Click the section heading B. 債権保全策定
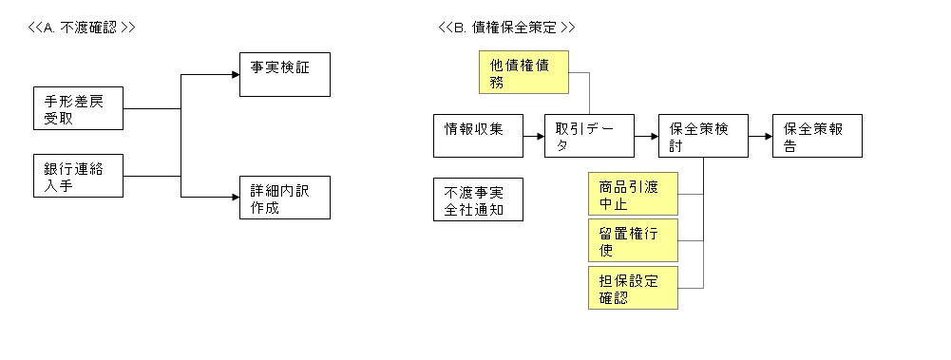tap(506, 28)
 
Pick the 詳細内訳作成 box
tap(284, 198)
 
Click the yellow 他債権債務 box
tap(523, 73)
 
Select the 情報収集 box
tap(477, 136)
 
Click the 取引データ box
tap(589, 136)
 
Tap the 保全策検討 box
tap(703, 136)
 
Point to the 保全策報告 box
tap(817, 136)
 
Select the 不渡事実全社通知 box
tap(477, 199)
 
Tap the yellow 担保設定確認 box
tap(633, 287)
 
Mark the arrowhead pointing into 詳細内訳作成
tap(233, 198)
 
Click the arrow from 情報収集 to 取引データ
tap(533, 137)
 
